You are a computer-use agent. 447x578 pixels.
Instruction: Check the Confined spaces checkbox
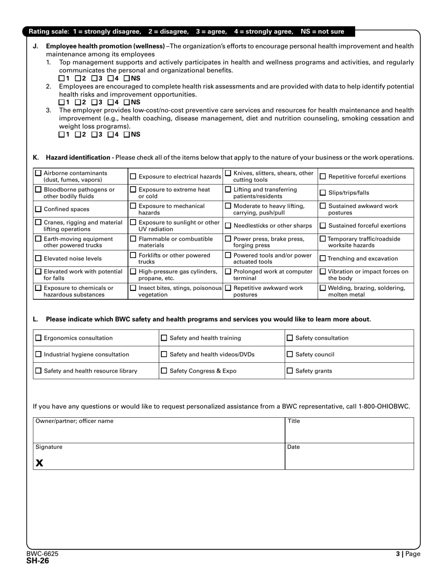pos(38,209)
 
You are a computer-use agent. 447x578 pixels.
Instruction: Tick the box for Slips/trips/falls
pos(323,193)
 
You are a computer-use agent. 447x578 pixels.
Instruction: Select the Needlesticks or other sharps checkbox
pos(228,226)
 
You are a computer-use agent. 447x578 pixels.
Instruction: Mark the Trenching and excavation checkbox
pos(323,258)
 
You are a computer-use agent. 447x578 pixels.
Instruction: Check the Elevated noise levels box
pos(38,258)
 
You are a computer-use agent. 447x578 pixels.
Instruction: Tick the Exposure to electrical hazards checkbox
pos(133,177)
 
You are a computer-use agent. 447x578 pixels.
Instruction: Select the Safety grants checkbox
pos(290,371)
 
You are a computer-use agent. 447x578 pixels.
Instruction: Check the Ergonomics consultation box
pos(39,338)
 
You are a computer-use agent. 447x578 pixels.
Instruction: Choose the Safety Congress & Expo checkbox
pos(164,371)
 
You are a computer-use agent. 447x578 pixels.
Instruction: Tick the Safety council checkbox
pos(290,354)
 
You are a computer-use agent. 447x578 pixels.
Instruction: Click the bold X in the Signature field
pos(40,463)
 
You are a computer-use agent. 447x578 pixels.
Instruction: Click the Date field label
pos(293,447)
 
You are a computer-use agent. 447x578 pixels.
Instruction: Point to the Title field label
pos(294,421)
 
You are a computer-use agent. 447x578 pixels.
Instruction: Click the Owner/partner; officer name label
pos(74,421)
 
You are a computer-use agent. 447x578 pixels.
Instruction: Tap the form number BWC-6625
pos(42,554)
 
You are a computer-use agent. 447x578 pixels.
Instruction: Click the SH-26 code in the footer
pos(38,560)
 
